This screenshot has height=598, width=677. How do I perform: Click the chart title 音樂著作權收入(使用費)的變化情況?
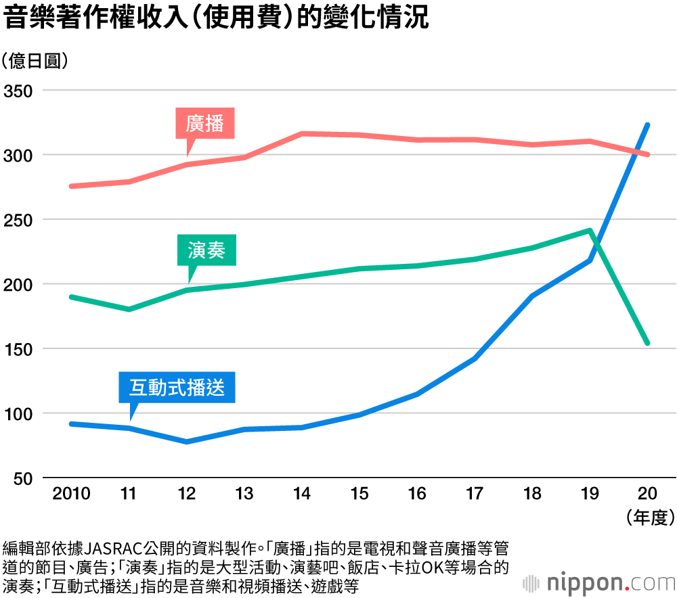[x=217, y=18]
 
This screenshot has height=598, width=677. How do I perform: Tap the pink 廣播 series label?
[x=205, y=124]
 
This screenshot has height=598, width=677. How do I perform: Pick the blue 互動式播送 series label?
[x=177, y=388]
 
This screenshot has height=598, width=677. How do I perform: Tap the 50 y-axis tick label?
[x=22, y=478]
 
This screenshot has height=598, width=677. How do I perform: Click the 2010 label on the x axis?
[x=71, y=494]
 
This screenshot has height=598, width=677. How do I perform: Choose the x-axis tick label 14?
[x=302, y=494]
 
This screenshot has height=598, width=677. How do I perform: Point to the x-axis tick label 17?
[x=475, y=494]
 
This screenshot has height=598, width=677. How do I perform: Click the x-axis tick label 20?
[x=648, y=494]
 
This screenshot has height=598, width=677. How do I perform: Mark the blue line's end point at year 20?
[x=648, y=125]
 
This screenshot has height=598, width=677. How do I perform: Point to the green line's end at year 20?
[x=648, y=343]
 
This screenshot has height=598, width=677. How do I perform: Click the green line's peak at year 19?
[x=590, y=231]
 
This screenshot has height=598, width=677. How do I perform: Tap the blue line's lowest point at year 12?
[x=187, y=442]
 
